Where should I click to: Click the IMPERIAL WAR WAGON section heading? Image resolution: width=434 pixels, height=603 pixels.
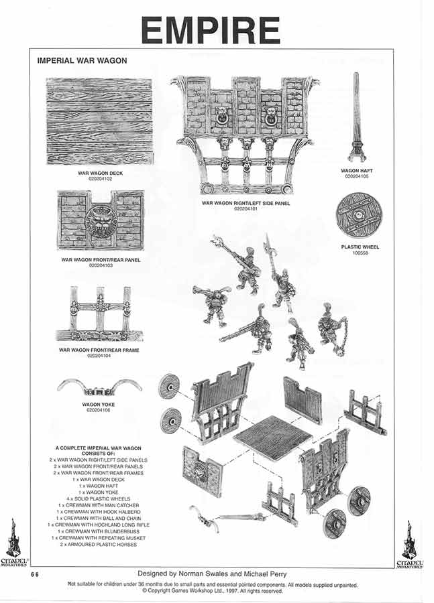(x=82, y=61)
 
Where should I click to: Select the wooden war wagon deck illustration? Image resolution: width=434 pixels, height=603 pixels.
(x=99, y=121)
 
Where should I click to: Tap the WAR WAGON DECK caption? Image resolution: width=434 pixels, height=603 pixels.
(x=99, y=174)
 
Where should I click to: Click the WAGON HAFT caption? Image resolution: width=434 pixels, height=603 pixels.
(x=357, y=171)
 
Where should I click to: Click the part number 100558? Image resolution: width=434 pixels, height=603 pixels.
(x=360, y=253)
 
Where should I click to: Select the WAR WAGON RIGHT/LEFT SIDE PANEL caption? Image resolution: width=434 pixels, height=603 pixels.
(x=246, y=204)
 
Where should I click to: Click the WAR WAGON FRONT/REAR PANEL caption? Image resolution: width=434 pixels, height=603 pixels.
(x=101, y=260)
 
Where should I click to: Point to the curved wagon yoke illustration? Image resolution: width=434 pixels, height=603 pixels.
(x=99, y=387)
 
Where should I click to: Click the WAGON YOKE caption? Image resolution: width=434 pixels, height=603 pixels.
(x=99, y=405)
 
